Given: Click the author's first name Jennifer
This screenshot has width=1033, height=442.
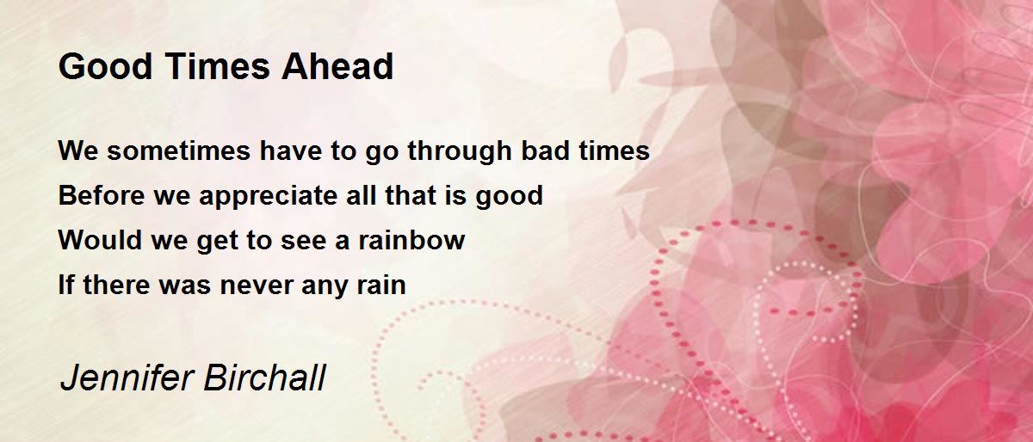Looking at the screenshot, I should [x=122, y=378].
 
